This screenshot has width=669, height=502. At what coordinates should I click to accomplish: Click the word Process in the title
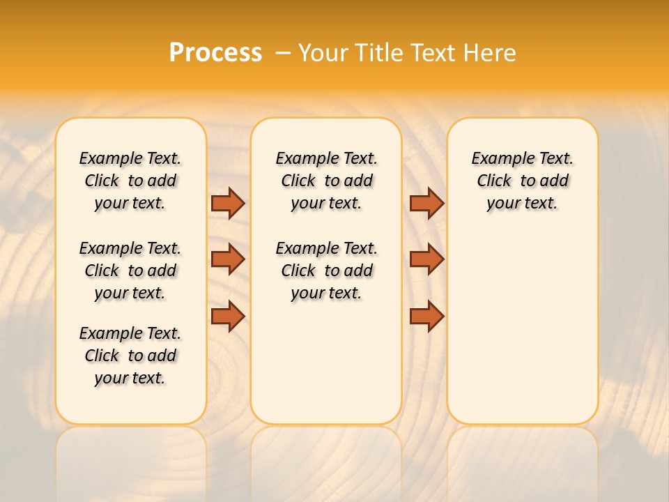pyautogui.click(x=215, y=52)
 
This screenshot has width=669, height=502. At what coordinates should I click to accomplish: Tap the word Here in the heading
pyautogui.click(x=490, y=53)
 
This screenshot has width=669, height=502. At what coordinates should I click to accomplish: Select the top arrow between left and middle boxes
pyautogui.click(x=228, y=203)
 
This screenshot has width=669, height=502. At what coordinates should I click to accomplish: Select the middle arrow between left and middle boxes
pyautogui.click(x=228, y=259)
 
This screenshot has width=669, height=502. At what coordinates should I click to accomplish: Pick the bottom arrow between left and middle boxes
pyautogui.click(x=228, y=316)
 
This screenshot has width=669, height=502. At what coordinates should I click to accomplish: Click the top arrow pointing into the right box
pyautogui.click(x=426, y=203)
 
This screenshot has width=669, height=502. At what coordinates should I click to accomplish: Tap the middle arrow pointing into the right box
pyautogui.click(x=426, y=259)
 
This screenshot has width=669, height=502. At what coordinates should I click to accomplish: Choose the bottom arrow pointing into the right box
pyautogui.click(x=426, y=316)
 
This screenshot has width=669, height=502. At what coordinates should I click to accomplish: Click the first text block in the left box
pyautogui.click(x=130, y=181)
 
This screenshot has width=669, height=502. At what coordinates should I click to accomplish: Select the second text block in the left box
pyautogui.click(x=130, y=271)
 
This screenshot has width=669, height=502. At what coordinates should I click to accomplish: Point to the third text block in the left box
pyautogui.click(x=130, y=356)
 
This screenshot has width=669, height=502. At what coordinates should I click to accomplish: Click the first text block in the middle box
pyautogui.click(x=326, y=181)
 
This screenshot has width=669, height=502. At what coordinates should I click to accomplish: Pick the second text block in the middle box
pyautogui.click(x=326, y=271)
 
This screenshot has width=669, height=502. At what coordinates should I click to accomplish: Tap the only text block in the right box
pyautogui.click(x=522, y=181)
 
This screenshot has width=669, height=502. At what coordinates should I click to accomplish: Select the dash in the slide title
pyautogui.click(x=283, y=53)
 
